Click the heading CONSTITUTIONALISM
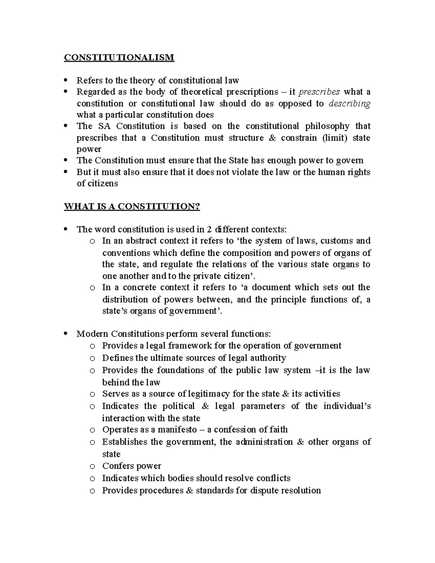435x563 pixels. pyautogui.click(x=119, y=58)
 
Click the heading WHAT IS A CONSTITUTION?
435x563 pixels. pyautogui.click(x=132, y=207)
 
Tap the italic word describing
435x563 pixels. pyautogui.click(x=349, y=104)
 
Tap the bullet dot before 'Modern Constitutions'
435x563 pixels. pyautogui.click(x=66, y=334)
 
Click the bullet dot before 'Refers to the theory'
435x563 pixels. pyautogui.click(x=66, y=80)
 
